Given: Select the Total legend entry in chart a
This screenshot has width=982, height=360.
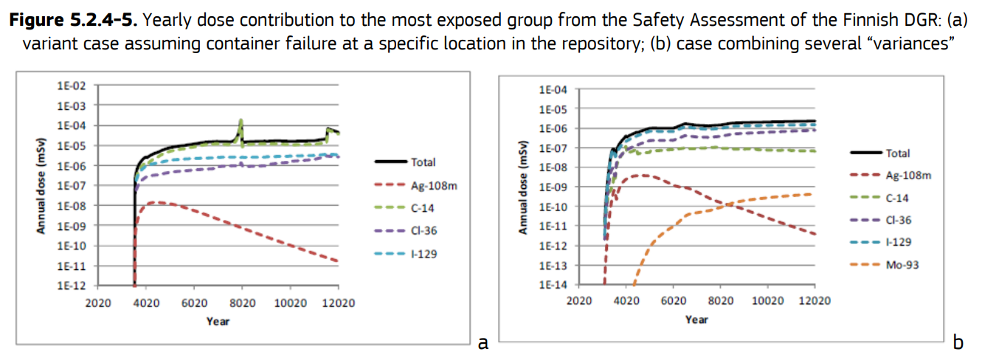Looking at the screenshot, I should coord(423,162).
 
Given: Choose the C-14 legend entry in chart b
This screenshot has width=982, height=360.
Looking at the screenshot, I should coord(897,198).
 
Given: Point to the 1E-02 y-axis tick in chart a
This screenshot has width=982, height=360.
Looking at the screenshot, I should coord(72,86).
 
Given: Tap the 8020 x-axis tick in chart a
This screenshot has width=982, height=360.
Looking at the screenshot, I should coord(242,302).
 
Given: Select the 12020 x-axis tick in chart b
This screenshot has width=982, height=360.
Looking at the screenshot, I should coord(815,300).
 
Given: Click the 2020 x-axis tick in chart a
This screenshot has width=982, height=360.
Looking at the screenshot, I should coord(97,302).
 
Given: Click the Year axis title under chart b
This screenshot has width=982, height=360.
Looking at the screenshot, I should coord(696,319).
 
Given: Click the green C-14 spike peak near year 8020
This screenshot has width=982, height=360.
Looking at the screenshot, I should coord(241,120).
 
